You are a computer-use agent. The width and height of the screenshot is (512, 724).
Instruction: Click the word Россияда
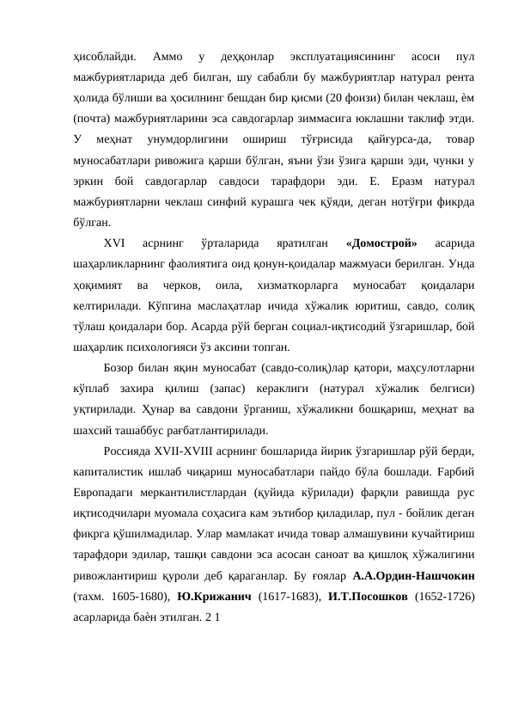(129, 451)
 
